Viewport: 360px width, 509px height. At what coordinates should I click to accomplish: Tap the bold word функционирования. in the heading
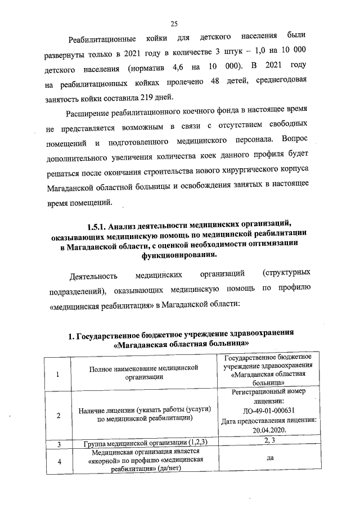[179, 255]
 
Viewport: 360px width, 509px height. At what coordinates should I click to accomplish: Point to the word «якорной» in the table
[108, 460]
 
